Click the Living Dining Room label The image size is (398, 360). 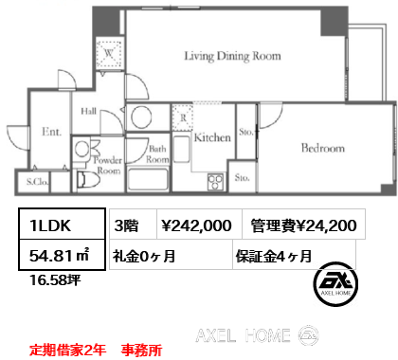tap(232, 56)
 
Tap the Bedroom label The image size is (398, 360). tap(323, 148)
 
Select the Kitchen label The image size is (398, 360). tap(212, 137)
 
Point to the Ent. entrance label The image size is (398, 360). tap(51, 132)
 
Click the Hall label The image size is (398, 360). tap(89, 111)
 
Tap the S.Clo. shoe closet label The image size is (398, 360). tap(37, 182)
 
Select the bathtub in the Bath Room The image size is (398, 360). tap(148, 179)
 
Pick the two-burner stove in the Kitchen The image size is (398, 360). tap(215, 182)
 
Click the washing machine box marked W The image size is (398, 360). tap(109, 54)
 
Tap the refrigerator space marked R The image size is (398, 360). tap(183, 117)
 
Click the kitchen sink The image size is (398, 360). tap(182, 149)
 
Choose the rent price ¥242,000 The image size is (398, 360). tap(196, 225)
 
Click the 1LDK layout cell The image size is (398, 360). tap(62, 225)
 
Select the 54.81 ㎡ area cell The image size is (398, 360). tap(62, 255)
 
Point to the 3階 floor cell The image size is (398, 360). tap(134, 224)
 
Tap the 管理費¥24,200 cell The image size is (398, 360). tap(304, 224)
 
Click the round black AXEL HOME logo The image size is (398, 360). tap(335, 284)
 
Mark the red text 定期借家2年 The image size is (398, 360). tap(67, 350)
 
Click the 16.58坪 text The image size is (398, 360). tap(55, 279)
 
